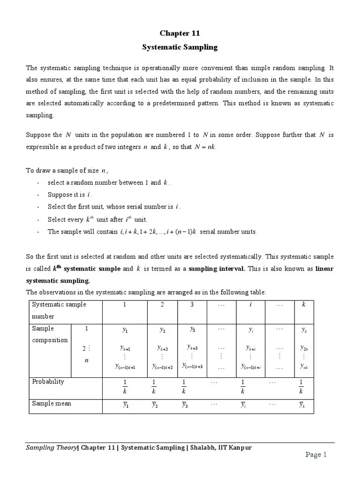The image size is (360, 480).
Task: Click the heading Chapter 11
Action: pyautogui.click(x=180, y=33)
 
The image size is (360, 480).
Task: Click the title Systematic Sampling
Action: pyautogui.click(x=180, y=47)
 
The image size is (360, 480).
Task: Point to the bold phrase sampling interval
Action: pyautogui.click(x=218, y=269)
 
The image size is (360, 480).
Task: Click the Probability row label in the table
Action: pyautogui.click(x=48, y=382)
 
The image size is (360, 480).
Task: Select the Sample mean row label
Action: pyautogui.click(x=52, y=403)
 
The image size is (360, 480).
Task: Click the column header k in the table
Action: pyautogui.click(x=303, y=305)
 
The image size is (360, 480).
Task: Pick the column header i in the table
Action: pyautogui.click(x=250, y=305)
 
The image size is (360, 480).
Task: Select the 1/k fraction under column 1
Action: pyautogui.click(x=124, y=387)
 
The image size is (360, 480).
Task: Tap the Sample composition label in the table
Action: pyautogui.click(x=50, y=334)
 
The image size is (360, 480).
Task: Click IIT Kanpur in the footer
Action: pyautogui.click(x=234, y=447)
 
